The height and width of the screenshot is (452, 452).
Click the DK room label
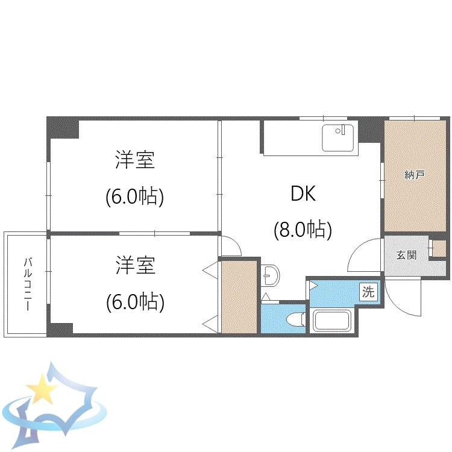coord(303,193)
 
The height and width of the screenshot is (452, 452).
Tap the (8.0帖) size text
coord(303,230)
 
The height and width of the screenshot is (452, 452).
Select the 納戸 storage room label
coord(415,175)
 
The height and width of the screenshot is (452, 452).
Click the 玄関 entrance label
coord(406,255)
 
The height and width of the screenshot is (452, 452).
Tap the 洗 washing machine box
coord(368,292)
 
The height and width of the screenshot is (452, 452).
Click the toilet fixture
coord(296,319)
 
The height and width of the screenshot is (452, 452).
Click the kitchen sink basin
coord(338,138)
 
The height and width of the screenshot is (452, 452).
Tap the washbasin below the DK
coord(271,275)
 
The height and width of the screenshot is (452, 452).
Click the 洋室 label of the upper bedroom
coord(135,160)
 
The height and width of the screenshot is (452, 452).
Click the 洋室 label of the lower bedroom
coord(136,265)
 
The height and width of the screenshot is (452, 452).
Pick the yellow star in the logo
coord(42,388)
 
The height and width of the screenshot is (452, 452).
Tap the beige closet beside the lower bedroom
coord(239,297)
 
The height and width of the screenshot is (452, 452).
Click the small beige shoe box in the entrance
coord(439,248)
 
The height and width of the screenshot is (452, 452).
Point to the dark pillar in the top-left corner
coord(63,128)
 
